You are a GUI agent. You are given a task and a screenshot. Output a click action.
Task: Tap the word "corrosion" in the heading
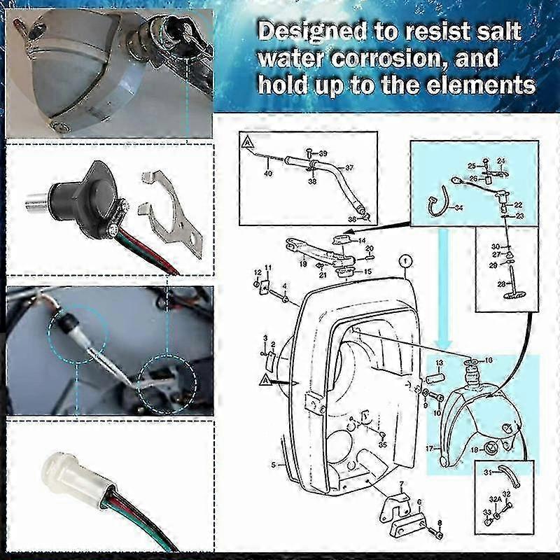click(x=392, y=59)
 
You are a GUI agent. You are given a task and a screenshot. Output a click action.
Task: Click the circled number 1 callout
click(x=402, y=263)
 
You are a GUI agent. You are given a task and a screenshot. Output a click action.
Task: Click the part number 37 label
click(x=349, y=168)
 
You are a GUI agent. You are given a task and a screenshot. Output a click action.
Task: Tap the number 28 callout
click(x=500, y=283)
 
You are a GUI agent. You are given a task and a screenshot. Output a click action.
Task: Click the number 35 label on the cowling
click(x=383, y=444)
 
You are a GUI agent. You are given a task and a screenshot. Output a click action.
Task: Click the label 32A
click(x=494, y=499)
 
